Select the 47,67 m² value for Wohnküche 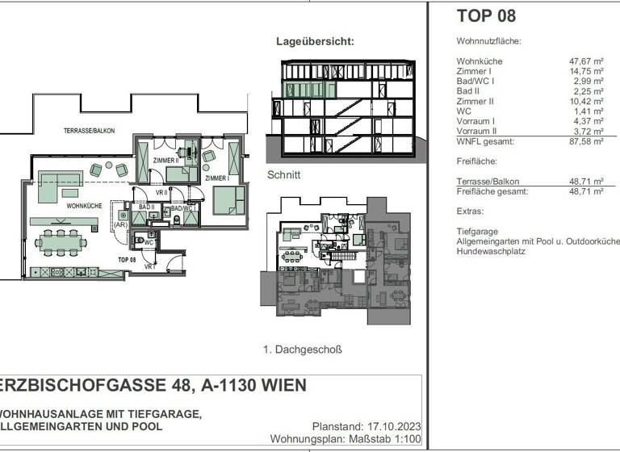(587, 61)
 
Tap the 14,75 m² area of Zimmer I (587, 71)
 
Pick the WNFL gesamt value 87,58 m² (587, 141)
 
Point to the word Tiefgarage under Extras (476, 231)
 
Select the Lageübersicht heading (315, 40)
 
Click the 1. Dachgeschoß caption (303, 349)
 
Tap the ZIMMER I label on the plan (216, 178)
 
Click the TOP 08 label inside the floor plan (126, 260)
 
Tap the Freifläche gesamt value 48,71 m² (587, 191)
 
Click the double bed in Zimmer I (228, 199)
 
